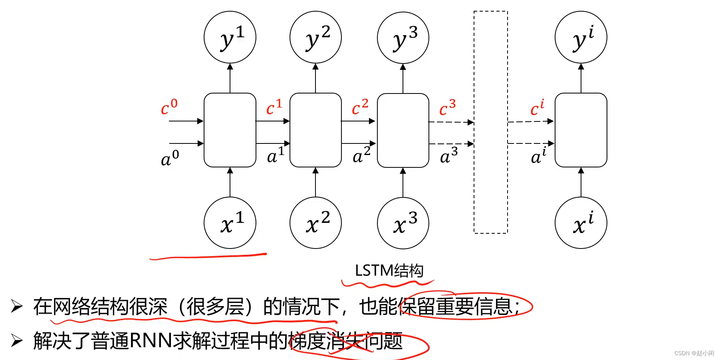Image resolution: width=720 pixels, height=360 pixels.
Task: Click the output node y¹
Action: (x=230, y=37)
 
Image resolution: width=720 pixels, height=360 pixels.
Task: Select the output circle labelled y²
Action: (x=315, y=37)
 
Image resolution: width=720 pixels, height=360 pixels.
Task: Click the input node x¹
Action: (x=230, y=223)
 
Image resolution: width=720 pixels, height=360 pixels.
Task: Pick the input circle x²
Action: (x=315, y=223)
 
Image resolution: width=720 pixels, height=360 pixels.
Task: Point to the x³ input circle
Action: (x=403, y=223)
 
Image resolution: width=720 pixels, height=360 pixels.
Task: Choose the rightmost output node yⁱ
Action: (x=581, y=37)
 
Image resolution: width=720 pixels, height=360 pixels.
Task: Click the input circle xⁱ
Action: (x=581, y=223)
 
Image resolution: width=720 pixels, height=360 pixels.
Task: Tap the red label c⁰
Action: (x=169, y=107)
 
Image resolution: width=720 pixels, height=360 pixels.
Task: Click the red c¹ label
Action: (x=274, y=107)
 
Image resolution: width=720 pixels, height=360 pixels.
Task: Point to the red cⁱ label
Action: (x=537, y=108)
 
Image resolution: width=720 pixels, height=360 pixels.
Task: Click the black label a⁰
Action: (x=170, y=158)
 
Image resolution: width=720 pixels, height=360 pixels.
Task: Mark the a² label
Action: (x=361, y=155)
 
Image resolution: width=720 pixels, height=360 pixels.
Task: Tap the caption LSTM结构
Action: (x=389, y=270)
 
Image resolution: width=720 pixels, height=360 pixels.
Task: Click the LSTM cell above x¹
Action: (x=230, y=130)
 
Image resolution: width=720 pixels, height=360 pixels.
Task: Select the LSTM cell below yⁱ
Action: (x=581, y=130)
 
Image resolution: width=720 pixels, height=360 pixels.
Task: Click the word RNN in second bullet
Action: (x=151, y=341)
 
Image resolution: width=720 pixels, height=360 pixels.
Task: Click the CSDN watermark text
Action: (x=694, y=353)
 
